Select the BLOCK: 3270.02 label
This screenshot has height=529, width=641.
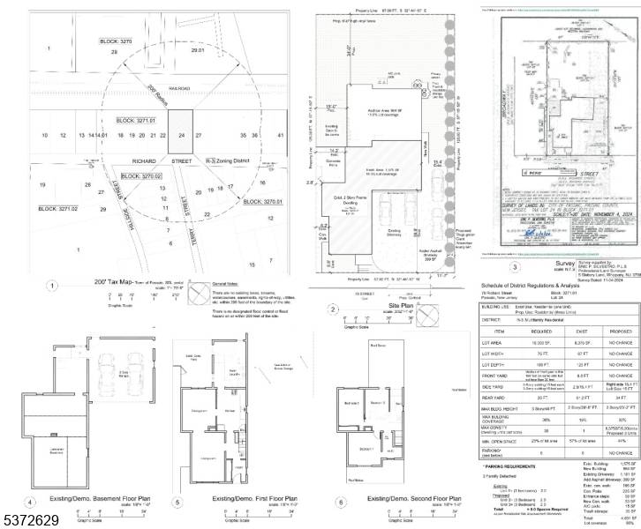[x=141, y=176]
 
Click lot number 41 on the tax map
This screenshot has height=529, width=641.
[x=281, y=136]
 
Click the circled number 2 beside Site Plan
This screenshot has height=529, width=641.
[x=332, y=309]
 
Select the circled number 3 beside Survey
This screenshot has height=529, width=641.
[x=515, y=266]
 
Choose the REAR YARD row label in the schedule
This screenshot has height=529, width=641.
[x=498, y=398]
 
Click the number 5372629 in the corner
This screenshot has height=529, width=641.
[x=30, y=520]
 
